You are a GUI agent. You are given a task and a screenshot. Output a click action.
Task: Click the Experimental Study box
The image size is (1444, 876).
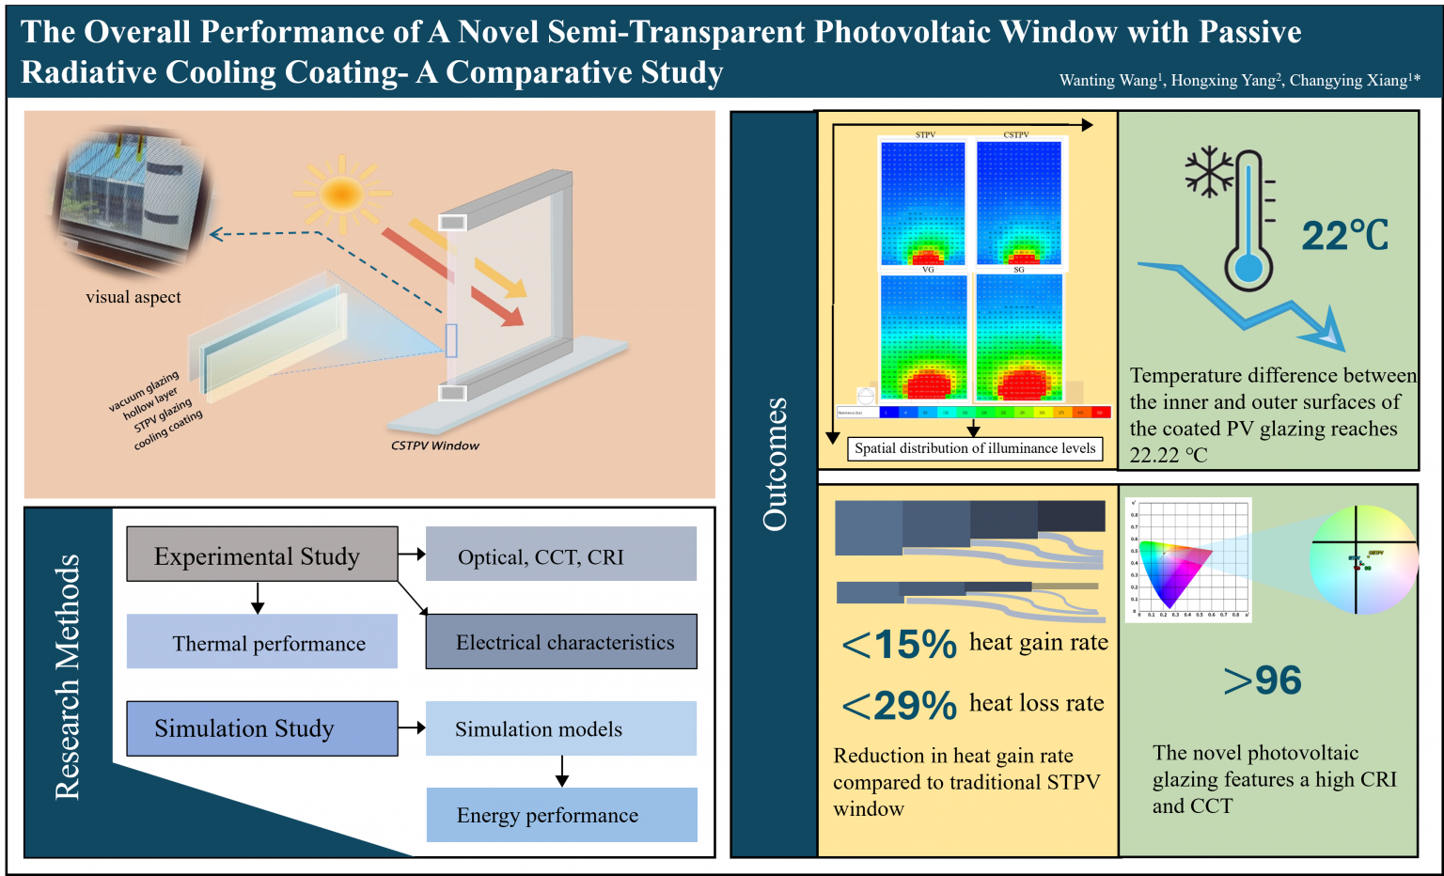[261, 555]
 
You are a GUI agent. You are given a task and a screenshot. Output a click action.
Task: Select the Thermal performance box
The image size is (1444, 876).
[261, 642]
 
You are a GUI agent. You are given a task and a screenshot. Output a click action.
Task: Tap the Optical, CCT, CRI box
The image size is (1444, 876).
[560, 555]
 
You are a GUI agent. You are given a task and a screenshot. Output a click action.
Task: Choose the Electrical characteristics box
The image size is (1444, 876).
[561, 642]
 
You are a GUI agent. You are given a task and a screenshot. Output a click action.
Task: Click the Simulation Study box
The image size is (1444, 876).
[261, 728]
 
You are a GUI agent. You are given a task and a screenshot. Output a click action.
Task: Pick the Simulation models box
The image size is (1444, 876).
[560, 728]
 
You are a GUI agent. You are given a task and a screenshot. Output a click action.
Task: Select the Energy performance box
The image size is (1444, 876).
[561, 815]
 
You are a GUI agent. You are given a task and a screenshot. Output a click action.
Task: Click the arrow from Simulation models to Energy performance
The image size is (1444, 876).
[562, 771]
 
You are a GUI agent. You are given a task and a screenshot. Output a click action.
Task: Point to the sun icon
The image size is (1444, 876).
[340, 195]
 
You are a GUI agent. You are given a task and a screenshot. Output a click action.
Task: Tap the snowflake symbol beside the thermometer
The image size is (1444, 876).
[1208, 170]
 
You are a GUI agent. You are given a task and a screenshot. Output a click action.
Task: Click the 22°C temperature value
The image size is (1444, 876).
[1344, 235]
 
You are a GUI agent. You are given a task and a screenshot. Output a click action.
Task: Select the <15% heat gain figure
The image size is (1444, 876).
[899, 645]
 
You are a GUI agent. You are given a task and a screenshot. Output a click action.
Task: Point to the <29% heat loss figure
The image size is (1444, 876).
[899, 705]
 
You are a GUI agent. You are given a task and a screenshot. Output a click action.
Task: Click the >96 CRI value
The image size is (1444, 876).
[1263, 680]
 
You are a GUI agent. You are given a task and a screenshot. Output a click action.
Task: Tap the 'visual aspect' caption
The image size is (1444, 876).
[133, 297]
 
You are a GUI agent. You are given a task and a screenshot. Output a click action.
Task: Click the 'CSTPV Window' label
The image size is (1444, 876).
[434, 446]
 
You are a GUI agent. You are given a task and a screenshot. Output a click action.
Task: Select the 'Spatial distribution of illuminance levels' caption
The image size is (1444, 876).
[975, 448]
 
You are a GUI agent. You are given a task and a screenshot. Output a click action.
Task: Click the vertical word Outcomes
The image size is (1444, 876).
[775, 464]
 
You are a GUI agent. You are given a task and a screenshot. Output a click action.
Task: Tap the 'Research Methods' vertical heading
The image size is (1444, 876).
[68, 677]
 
